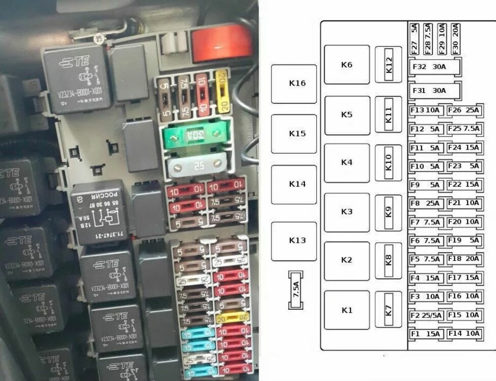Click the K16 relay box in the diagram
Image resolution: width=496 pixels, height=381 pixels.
click(294, 84)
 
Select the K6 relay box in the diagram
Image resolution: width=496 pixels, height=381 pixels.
click(347, 65)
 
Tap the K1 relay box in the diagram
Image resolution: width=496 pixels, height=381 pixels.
click(347, 310)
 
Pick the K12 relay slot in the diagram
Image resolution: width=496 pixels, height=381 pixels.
click(389, 65)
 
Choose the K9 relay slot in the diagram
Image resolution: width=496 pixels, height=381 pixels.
click(389, 212)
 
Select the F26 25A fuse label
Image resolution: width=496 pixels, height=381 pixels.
click(463, 110)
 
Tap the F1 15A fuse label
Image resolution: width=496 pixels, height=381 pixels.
click(426, 334)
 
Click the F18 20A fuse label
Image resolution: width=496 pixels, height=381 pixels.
click(463, 259)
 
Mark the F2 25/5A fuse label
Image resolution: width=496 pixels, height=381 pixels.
click(426, 315)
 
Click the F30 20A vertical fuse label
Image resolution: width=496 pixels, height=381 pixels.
click(455, 38)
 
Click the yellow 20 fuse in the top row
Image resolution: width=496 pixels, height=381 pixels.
click(222, 92)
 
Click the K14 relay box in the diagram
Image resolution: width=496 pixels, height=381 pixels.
click(294, 184)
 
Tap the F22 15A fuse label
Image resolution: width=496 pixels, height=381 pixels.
click(463, 185)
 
